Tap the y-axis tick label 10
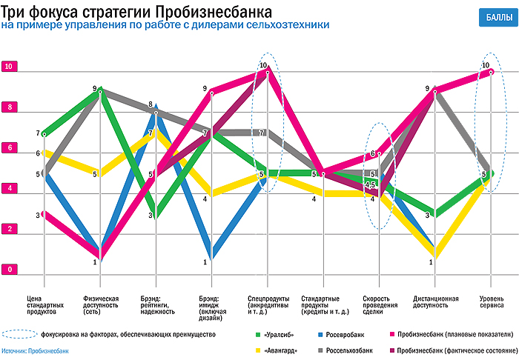pos(9,67)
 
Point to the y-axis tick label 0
pos(9,270)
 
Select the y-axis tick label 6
pos(9,148)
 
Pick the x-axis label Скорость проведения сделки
pos(377,304)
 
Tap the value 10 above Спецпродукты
pos(263,66)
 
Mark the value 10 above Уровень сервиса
pos(486,66)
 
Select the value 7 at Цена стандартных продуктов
pos(37,134)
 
